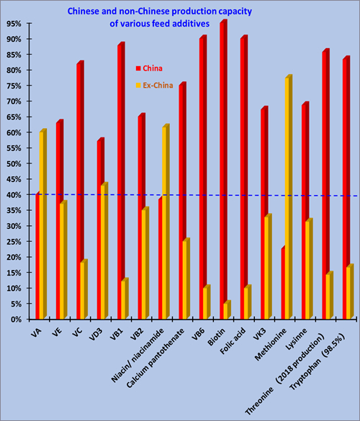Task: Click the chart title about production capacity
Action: coord(160,17)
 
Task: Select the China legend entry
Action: coord(149,68)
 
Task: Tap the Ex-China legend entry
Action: coord(155,86)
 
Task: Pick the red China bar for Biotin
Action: coord(223,169)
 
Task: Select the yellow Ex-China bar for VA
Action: coord(43,224)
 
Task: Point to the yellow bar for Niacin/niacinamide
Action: coord(166,222)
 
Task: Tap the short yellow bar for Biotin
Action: coord(228,309)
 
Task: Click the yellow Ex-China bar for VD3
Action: coord(104,250)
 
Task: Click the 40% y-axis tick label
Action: coord(14,195)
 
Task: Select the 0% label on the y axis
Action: coord(16,320)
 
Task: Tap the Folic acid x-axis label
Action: coord(233,340)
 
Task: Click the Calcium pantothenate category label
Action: coord(156,358)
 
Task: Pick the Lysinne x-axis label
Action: coord(297,339)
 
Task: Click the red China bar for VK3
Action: coord(264,214)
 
